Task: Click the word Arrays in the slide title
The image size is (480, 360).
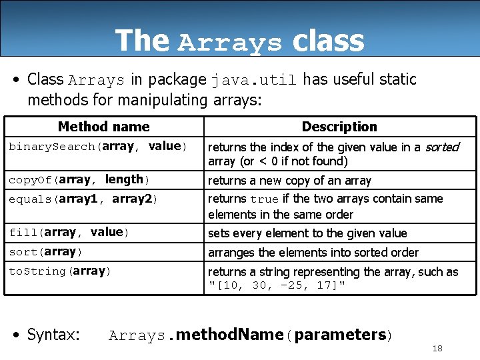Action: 230,43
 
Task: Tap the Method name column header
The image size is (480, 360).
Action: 103,127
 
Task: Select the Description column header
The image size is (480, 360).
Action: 339,127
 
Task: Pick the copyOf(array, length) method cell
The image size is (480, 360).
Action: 79,179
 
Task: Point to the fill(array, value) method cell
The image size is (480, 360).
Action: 69,232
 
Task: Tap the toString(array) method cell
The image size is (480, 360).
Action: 59,271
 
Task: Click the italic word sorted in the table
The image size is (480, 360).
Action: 442,147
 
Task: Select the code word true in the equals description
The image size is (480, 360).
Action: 264,199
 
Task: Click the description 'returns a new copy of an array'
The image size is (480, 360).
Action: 289,181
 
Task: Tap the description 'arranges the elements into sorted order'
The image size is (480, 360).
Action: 313,252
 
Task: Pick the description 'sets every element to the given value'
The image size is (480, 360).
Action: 307,233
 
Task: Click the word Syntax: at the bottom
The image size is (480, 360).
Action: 53,335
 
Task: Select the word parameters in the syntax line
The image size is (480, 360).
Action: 340,335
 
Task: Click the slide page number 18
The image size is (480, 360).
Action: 437,349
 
